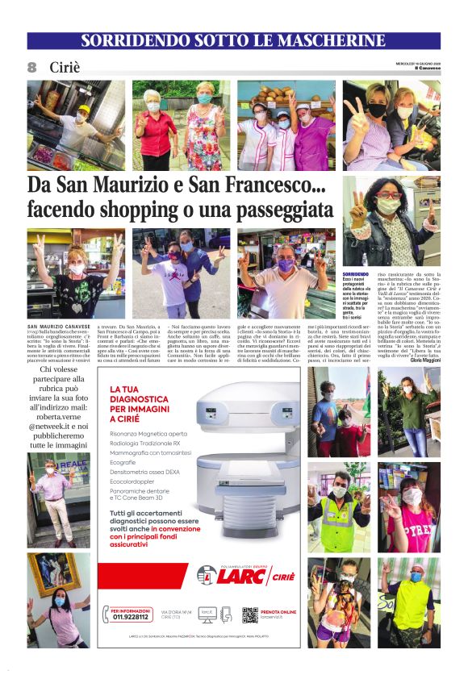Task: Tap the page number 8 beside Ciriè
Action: (x=33, y=67)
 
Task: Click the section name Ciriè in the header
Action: (x=65, y=67)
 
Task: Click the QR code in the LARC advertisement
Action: (x=250, y=615)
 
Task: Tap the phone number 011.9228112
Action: (x=129, y=619)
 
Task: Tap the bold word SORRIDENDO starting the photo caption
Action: (x=355, y=275)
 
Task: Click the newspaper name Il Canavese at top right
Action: (x=424, y=68)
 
